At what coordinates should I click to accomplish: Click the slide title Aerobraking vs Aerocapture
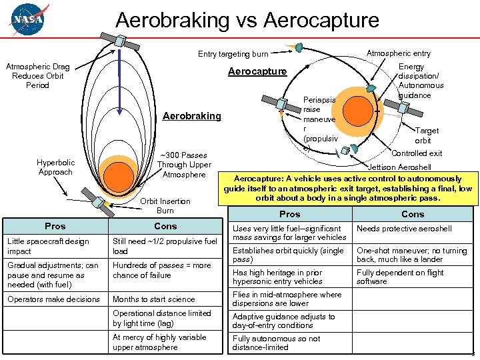247,19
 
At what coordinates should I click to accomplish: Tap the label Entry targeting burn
233,54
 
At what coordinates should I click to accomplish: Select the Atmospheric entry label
399,53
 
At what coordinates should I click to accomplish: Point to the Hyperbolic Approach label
55,167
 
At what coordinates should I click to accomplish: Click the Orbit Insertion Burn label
165,206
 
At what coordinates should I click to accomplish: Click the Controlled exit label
417,153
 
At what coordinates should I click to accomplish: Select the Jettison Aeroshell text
399,167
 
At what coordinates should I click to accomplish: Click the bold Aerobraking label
192,116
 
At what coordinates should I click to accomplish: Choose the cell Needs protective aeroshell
404,229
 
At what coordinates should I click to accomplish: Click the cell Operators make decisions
53,299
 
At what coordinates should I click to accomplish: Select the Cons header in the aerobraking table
165,226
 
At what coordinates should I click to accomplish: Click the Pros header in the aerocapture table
289,214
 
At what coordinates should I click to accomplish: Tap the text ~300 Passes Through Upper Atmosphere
184,165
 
